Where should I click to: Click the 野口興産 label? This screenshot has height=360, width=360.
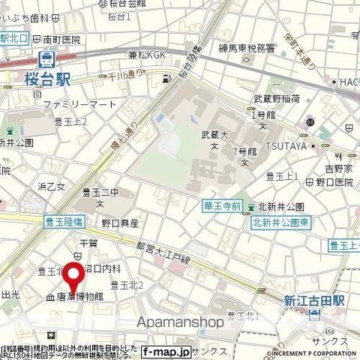(x=120, y=223)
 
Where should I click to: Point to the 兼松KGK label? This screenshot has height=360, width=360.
(x=147, y=54)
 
